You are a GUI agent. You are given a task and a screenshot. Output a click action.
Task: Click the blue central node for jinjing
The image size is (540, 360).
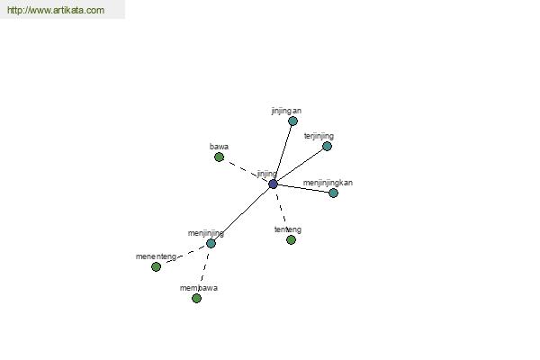pyautogui.click(x=273, y=184)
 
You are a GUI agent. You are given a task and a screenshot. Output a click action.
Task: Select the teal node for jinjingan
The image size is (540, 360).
pyautogui.click(x=292, y=121)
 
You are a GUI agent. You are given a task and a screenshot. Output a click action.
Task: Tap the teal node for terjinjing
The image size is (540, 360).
pyautogui.click(x=328, y=146)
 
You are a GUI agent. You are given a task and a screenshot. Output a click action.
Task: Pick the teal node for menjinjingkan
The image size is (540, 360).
pyautogui.click(x=333, y=193)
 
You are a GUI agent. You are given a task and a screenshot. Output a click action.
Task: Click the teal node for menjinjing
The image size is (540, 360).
pyautogui.click(x=211, y=243)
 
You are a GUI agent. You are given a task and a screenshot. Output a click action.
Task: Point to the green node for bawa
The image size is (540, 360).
pyautogui.click(x=219, y=157)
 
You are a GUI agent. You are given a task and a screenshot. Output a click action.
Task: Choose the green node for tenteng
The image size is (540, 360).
pyautogui.click(x=291, y=239)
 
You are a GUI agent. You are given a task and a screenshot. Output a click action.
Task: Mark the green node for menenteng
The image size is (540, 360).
pyautogui.click(x=156, y=266)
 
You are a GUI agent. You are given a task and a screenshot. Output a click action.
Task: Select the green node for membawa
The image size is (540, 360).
pyautogui.click(x=196, y=298)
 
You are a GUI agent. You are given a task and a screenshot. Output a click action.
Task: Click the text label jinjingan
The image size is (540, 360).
pyautogui.click(x=286, y=111)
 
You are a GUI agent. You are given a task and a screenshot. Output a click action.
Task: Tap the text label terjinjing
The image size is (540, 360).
pyautogui.click(x=319, y=136)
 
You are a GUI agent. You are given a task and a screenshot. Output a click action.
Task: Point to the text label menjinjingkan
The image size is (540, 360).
pyautogui.click(x=328, y=183)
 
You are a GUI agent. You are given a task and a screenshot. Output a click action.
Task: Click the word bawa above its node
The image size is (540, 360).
pyautogui.click(x=219, y=147)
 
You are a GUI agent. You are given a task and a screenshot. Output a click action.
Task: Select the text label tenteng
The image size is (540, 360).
pyautogui.click(x=288, y=229)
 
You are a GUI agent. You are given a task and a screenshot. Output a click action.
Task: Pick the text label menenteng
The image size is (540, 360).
pyautogui.click(x=156, y=256)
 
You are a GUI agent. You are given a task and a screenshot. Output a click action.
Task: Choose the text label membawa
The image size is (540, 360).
pyautogui.click(x=199, y=288)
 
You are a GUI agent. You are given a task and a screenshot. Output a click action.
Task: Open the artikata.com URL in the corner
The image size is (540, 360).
pyautogui.click(x=56, y=10)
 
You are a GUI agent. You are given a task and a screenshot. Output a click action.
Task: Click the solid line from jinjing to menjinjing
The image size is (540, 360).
pyautogui.click(x=242, y=213)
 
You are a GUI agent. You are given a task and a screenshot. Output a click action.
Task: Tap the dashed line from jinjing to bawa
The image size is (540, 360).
pyautogui.click(x=247, y=170)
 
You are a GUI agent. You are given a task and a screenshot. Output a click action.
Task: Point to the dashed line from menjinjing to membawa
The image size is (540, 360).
pyautogui.click(x=204, y=271)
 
